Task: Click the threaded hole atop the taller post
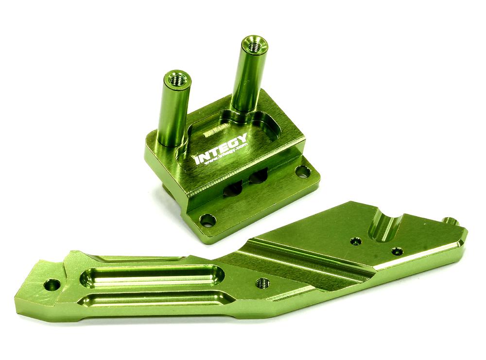(x=253, y=45)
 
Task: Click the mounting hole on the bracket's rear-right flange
(x=302, y=171)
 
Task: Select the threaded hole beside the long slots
(x=262, y=283)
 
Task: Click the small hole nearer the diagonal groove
(x=356, y=241)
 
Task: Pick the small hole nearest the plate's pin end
(x=397, y=251)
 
